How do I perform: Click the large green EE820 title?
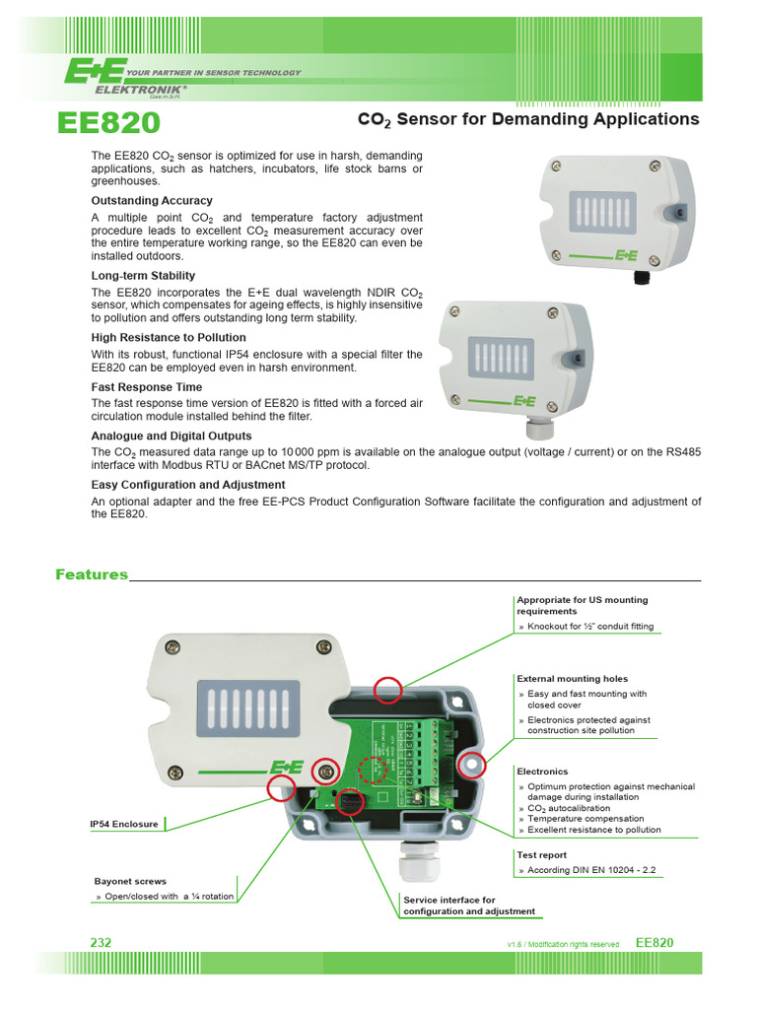[109, 123]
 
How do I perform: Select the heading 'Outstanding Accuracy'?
[152, 200]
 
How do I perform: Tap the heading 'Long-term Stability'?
[143, 276]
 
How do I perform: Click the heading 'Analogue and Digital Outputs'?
[172, 436]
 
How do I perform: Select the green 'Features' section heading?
[92, 574]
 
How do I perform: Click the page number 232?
[101, 942]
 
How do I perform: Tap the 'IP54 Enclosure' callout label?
[123, 824]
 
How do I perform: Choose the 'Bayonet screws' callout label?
[129, 881]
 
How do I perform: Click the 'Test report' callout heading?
[541, 855]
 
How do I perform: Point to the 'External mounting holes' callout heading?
[572, 679]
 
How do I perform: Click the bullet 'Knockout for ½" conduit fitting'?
[589, 627]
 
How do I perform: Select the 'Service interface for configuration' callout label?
[469, 906]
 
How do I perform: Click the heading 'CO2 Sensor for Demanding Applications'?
[527, 119]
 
